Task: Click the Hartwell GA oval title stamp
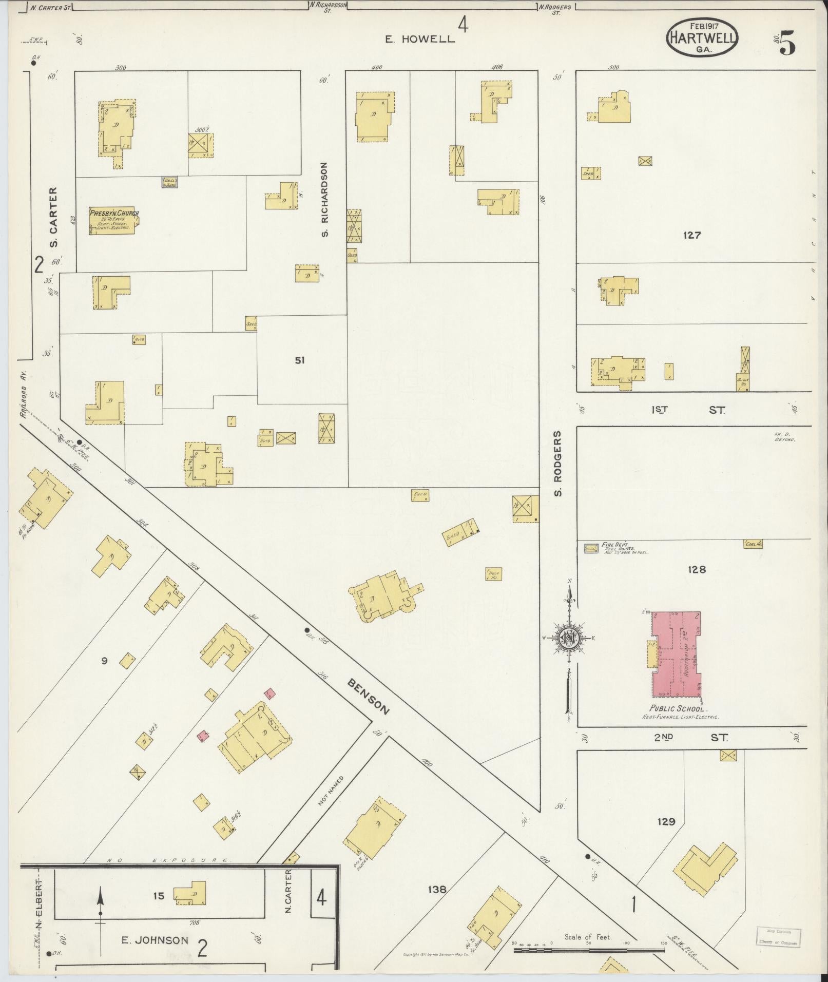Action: (x=702, y=37)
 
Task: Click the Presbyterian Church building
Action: (x=113, y=221)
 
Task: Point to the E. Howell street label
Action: (x=420, y=39)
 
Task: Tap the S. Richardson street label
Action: (x=325, y=200)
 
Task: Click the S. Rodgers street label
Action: (x=559, y=464)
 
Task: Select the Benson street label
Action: (x=369, y=696)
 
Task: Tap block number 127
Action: (x=692, y=236)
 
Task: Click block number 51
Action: (x=299, y=360)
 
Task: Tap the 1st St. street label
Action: (x=688, y=410)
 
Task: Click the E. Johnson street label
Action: (x=155, y=940)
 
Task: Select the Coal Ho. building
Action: (x=753, y=544)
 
